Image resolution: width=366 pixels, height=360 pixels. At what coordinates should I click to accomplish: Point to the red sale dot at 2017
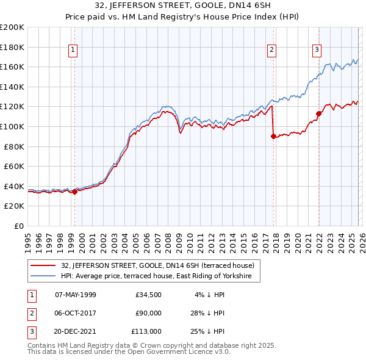click(273, 137)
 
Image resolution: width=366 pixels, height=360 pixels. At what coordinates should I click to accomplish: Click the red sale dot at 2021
click(318, 113)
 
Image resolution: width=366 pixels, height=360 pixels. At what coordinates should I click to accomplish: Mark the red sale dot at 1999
click(74, 192)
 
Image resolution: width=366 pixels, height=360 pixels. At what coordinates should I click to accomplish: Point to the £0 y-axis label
click(18, 226)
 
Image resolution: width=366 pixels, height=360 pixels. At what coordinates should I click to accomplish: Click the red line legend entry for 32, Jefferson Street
click(161, 265)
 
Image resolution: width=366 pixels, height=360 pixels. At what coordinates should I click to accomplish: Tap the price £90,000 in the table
click(148, 313)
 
